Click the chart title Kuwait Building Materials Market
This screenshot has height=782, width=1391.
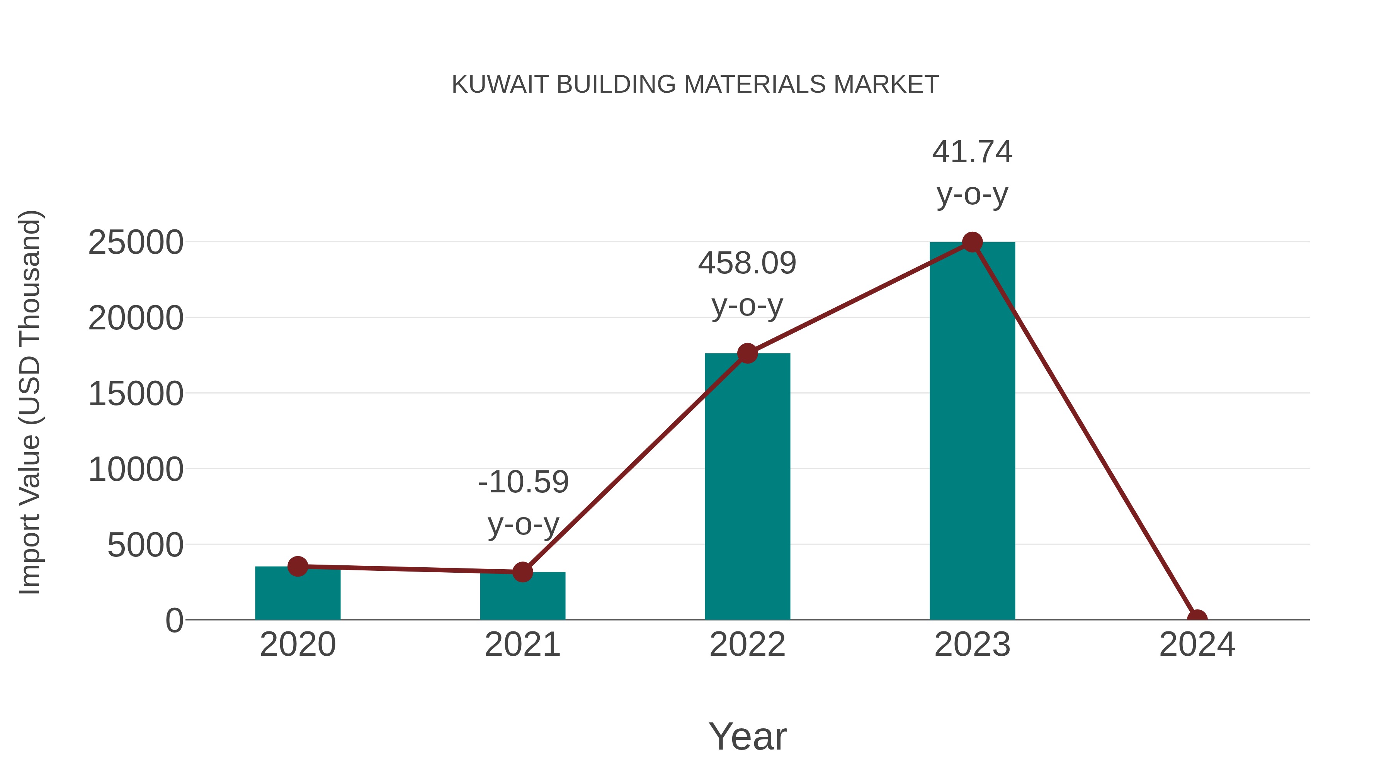point(695,85)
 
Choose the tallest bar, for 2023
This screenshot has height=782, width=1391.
point(972,432)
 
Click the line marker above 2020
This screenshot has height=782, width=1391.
point(298,566)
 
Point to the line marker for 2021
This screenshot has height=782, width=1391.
point(522,572)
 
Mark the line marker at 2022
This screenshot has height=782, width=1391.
point(747,353)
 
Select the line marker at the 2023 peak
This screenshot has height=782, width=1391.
point(972,242)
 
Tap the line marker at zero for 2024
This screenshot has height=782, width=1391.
point(1197,619)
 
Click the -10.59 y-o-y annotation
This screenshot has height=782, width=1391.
point(523,503)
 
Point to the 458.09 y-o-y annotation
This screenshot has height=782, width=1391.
point(747,284)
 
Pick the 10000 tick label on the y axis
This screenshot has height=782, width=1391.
point(136,470)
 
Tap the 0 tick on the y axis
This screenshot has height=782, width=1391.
point(174,621)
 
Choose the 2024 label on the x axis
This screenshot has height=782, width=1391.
point(1197,645)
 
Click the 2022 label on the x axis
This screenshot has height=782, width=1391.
point(747,645)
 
